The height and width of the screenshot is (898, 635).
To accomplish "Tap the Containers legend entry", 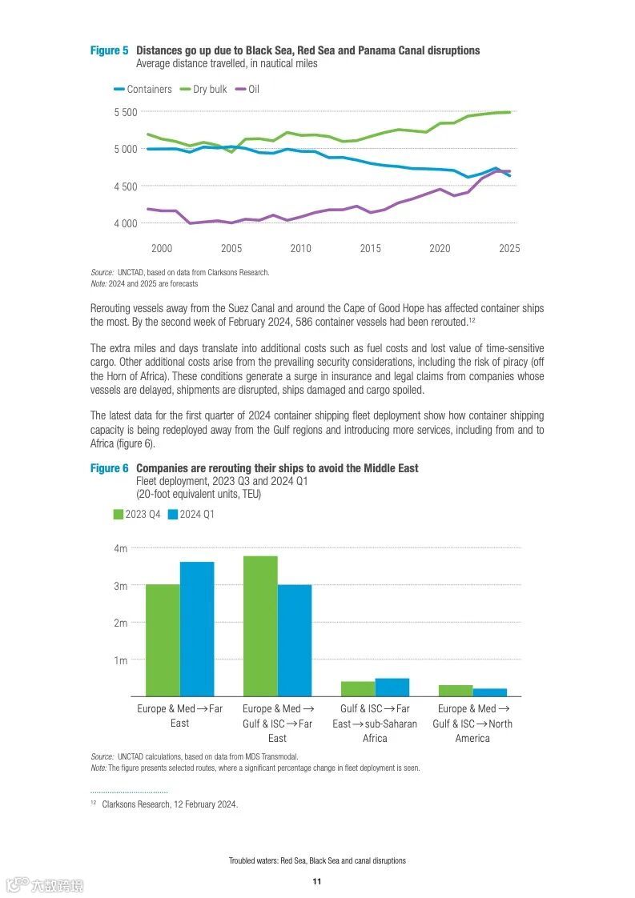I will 143,89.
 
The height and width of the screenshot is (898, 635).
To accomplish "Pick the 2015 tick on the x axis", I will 370,249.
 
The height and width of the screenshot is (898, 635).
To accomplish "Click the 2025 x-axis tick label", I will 509,249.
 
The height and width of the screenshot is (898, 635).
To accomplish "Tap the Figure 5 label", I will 109,50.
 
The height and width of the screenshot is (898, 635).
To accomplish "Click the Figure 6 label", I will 109,468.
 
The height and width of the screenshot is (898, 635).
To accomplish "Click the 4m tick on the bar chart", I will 121,548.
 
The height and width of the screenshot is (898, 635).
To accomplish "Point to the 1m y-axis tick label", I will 121,660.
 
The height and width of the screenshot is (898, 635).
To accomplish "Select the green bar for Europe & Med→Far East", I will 163,640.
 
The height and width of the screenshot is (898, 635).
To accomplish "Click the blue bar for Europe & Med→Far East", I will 197,629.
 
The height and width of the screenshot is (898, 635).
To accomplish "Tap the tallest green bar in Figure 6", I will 260,626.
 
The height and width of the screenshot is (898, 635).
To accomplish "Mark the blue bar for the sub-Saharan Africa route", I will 392,688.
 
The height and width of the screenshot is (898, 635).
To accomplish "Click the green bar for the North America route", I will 456,691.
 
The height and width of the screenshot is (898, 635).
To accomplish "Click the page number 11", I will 317,881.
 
